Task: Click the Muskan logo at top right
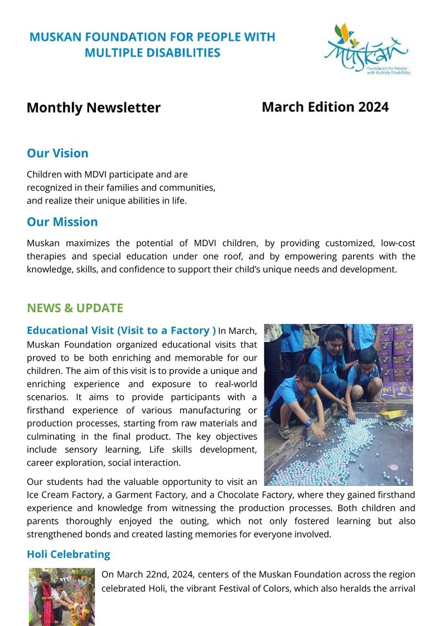[366, 50]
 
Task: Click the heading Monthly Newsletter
[93, 108]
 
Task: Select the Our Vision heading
[57, 153]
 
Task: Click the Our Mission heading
[62, 222]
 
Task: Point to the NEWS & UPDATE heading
[75, 308]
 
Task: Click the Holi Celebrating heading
[68, 554]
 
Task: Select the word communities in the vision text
[187, 187]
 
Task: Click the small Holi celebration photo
[62, 596]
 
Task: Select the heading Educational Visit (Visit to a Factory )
[121, 331]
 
